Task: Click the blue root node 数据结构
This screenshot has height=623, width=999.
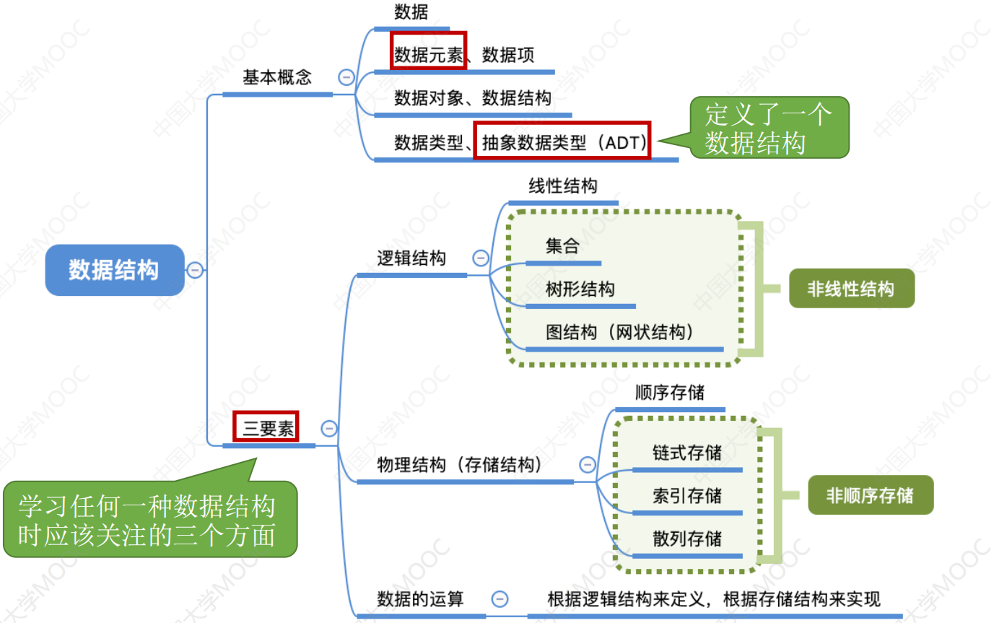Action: pyautogui.click(x=114, y=270)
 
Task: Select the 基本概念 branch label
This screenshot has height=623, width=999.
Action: pyautogui.click(x=277, y=78)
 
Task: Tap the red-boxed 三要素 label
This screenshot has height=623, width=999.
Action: pyautogui.click(x=266, y=428)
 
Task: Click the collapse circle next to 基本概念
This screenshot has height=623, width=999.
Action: pyautogui.click(x=346, y=77)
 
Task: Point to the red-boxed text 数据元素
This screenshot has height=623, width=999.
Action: pyautogui.click(x=428, y=55)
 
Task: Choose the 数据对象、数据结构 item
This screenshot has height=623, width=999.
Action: pyautogui.click(x=473, y=98)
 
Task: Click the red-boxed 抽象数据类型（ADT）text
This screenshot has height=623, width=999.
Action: pyautogui.click(x=562, y=142)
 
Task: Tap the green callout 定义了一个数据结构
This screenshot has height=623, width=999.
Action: pyautogui.click(x=767, y=128)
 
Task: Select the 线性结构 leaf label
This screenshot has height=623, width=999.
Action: pyautogui.click(x=563, y=186)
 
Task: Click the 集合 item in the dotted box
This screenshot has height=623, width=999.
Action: pyautogui.click(x=562, y=246)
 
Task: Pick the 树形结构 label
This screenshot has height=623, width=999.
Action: pyautogui.click(x=580, y=289)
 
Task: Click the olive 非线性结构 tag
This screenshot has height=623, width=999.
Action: pyautogui.click(x=850, y=289)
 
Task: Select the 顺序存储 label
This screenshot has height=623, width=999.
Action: pyautogui.click(x=669, y=393)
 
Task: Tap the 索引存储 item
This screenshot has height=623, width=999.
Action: pyautogui.click(x=686, y=497)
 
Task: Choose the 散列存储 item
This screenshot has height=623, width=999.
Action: pyautogui.click(x=686, y=539)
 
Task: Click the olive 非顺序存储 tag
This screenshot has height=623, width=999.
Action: pyautogui.click(x=870, y=495)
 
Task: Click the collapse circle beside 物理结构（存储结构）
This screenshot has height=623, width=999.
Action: pyautogui.click(x=588, y=464)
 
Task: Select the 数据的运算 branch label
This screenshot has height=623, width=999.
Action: pyautogui.click(x=420, y=599)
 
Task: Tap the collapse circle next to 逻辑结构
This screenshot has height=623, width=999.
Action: pyautogui.click(x=480, y=258)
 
